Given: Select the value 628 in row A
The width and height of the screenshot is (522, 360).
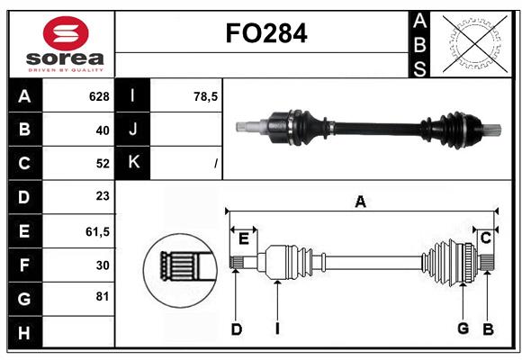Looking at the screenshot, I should pyautogui.click(x=98, y=96).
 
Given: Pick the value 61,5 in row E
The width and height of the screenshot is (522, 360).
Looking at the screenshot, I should pyautogui.click(x=97, y=231).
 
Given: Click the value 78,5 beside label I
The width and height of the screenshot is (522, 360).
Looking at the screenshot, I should pyautogui.click(x=206, y=96).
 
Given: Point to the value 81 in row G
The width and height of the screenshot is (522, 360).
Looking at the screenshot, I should pyautogui.click(x=102, y=299).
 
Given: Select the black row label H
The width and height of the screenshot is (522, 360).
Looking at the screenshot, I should pyautogui.click(x=24, y=333).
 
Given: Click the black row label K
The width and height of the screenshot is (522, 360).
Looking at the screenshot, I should pyautogui.click(x=133, y=164).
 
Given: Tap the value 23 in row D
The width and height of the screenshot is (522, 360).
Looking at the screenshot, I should pyautogui.click(x=102, y=197).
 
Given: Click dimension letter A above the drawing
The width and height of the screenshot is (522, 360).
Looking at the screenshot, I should pyautogui.click(x=360, y=202).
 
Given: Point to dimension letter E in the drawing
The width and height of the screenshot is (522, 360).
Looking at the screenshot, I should pyautogui.click(x=244, y=238).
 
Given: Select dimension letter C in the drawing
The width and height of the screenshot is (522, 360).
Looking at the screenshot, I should pyautogui.click(x=486, y=238).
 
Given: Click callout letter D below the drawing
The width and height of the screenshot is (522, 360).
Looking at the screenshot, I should pyautogui.click(x=236, y=329).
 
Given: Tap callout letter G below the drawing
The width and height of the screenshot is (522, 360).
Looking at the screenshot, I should pyautogui.click(x=463, y=328).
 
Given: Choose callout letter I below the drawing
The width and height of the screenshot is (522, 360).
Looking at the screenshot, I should pyautogui.click(x=277, y=329).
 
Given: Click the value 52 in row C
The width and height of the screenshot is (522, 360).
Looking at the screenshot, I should pyautogui.click(x=102, y=164).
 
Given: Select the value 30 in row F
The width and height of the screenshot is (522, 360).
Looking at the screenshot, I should pyautogui.click(x=102, y=265).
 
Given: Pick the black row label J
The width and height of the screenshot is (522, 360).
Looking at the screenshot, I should pyautogui.click(x=133, y=130).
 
